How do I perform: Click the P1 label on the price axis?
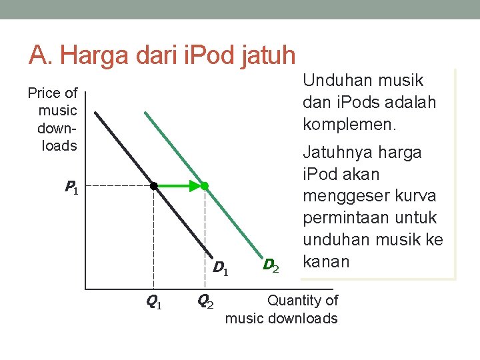[x=71, y=189]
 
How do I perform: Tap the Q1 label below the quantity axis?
[x=153, y=302]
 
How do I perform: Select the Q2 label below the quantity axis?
[x=205, y=301]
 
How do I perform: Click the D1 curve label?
[x=221, y=269]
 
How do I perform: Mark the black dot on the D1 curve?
[x=153, y=186]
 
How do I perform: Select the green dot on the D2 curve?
[x=205, y=186]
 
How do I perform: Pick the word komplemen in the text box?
[x=350, y=124]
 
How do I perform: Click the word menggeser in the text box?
[x=342, y=196]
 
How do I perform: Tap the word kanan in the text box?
[x=326, y=261]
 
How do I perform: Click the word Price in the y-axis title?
[x=44, y=93]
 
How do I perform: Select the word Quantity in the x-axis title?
[x=295, y=301]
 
